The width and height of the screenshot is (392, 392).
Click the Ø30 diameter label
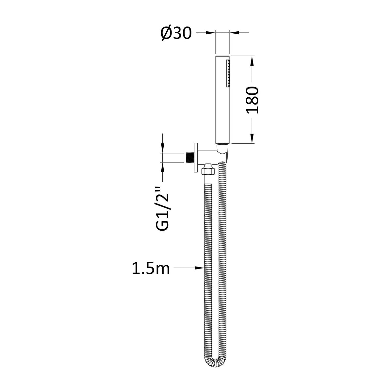(x=176, y=33)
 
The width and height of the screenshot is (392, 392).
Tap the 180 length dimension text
(x=252, y=100)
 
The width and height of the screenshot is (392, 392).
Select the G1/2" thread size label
(x=163, y=209)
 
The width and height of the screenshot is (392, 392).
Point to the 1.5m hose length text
(x=151, y=268)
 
